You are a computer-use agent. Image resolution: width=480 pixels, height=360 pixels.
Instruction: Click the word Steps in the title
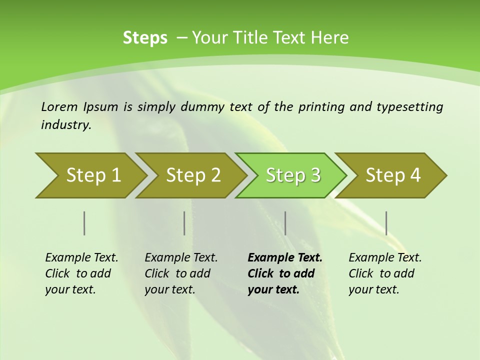145,38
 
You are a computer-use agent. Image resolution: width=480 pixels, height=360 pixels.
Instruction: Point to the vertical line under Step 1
84,223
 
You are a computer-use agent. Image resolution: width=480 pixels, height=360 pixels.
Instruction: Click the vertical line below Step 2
184,223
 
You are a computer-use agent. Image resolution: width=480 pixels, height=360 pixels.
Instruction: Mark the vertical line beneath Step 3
285,223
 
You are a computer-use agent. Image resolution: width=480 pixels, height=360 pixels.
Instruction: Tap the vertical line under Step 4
386,223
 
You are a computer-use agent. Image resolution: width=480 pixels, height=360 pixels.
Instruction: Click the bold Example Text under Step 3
285,258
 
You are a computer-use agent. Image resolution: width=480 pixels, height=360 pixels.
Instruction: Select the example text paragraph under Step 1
81,273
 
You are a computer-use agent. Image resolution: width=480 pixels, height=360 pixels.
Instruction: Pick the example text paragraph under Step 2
181,273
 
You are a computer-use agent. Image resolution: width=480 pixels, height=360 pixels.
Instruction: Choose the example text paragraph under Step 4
385,273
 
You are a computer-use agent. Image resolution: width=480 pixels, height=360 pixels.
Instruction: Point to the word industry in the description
66,125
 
